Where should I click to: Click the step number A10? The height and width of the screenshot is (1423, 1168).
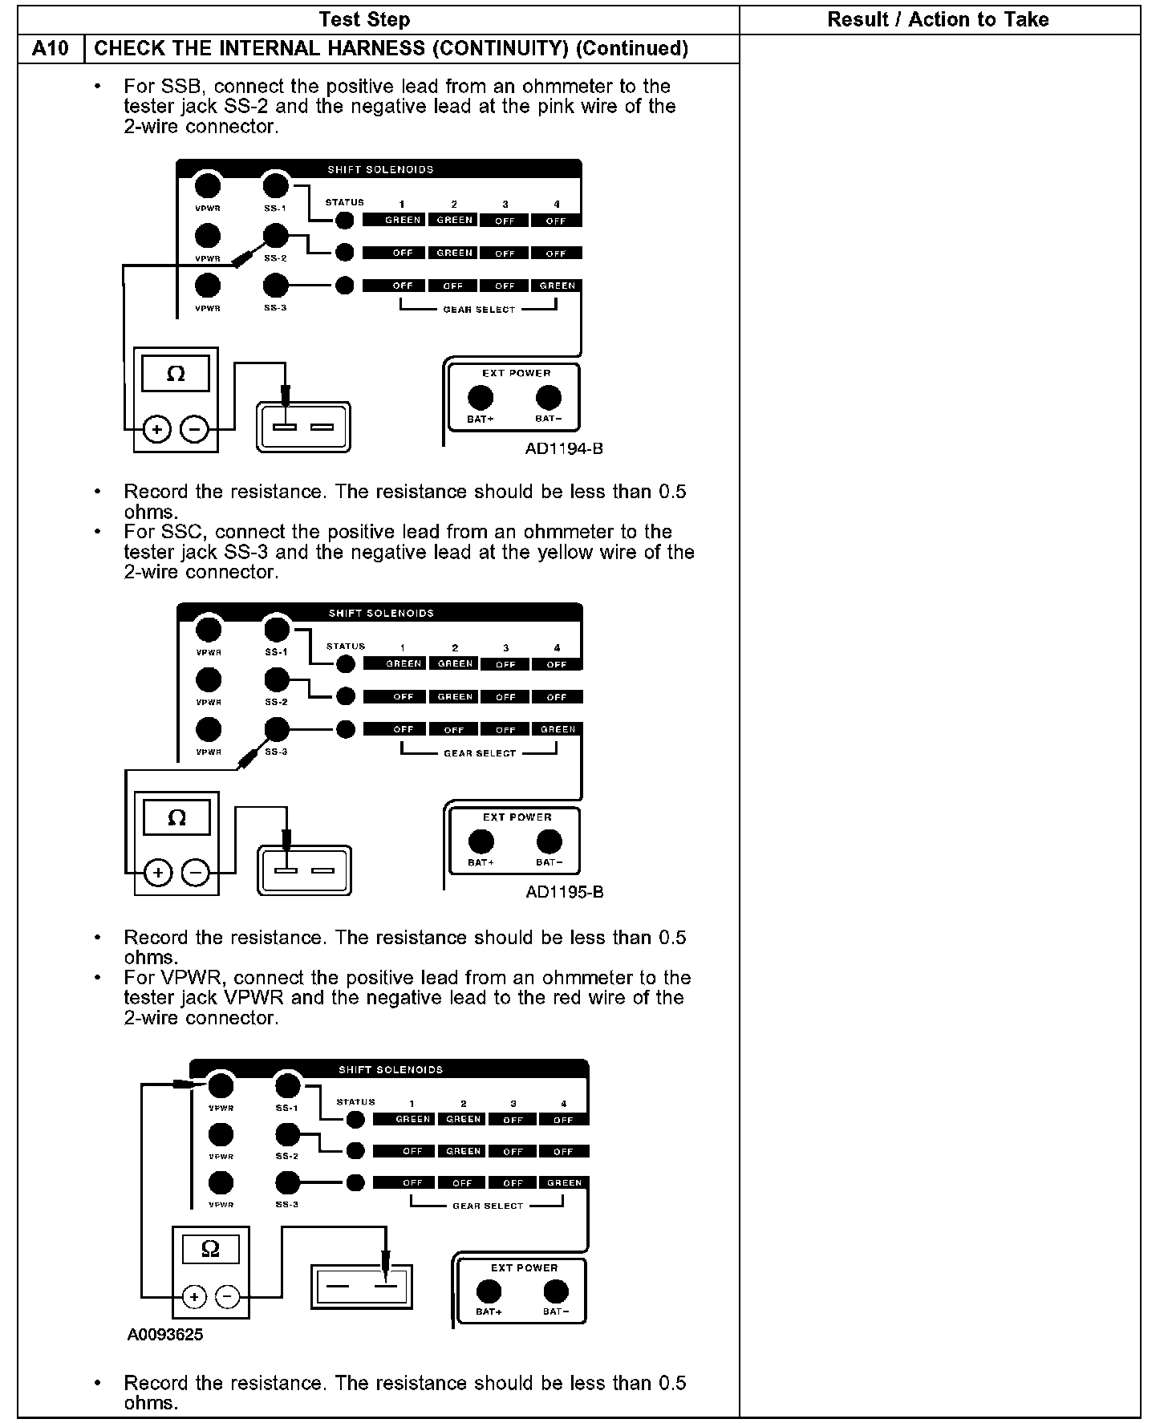click(51, 49)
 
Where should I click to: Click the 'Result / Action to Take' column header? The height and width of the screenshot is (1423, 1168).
click(938, 19)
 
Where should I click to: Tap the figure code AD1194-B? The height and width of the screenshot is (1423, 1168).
click(564, 448)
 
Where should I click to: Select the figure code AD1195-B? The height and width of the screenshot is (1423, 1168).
click(565, 892)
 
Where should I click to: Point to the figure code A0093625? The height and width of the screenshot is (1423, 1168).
click(165, 1335)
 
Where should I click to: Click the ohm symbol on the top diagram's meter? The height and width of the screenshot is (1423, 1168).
click(176, 374)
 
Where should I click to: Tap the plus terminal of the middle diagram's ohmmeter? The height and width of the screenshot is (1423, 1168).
click(158, 874)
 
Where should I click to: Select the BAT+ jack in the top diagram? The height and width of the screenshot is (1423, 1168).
click(481, 398)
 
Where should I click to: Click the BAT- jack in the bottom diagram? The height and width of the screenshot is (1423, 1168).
click(556, 1291)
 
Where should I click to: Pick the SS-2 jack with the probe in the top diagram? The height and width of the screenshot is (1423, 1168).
click(275, 236)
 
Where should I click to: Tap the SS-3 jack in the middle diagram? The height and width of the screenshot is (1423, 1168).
click(277, 729)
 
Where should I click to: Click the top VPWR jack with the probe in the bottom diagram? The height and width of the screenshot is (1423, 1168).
click(221, 1086)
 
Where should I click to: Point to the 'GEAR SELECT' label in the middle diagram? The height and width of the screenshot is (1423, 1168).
click(480, 753)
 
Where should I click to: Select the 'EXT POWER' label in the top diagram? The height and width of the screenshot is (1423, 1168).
click(516, 373)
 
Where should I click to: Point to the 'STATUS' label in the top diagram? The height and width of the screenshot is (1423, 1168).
click(345, 202)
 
